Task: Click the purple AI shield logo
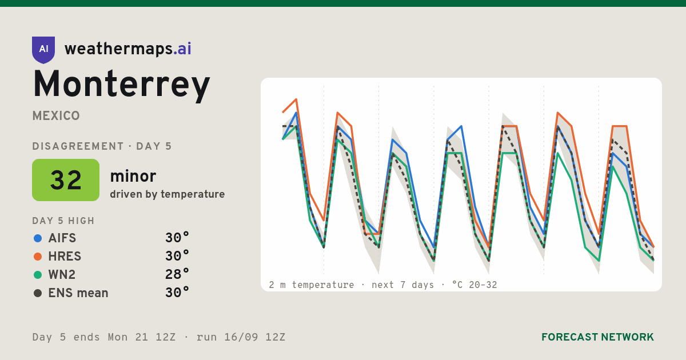(43, 50)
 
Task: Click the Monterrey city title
(121, 85)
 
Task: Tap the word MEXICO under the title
(56, 116)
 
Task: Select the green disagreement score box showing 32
(66, 180)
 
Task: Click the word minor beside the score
(133, 176)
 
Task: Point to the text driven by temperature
(167, 194)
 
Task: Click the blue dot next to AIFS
(38, 238)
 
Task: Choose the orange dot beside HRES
(38, 257)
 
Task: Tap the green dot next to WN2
(38, 275)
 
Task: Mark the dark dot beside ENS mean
(38, 293)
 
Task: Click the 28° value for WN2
(177, 274)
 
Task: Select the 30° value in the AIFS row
(177, 238)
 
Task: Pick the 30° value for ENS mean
(177, 293)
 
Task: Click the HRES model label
(65, 257)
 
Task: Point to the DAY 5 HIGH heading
(63, 221)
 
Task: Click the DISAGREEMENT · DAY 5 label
(102, 146)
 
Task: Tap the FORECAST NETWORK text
(597, 337)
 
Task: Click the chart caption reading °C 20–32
(474, 285)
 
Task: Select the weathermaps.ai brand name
(127, 49)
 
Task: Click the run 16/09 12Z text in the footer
(241, 337)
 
